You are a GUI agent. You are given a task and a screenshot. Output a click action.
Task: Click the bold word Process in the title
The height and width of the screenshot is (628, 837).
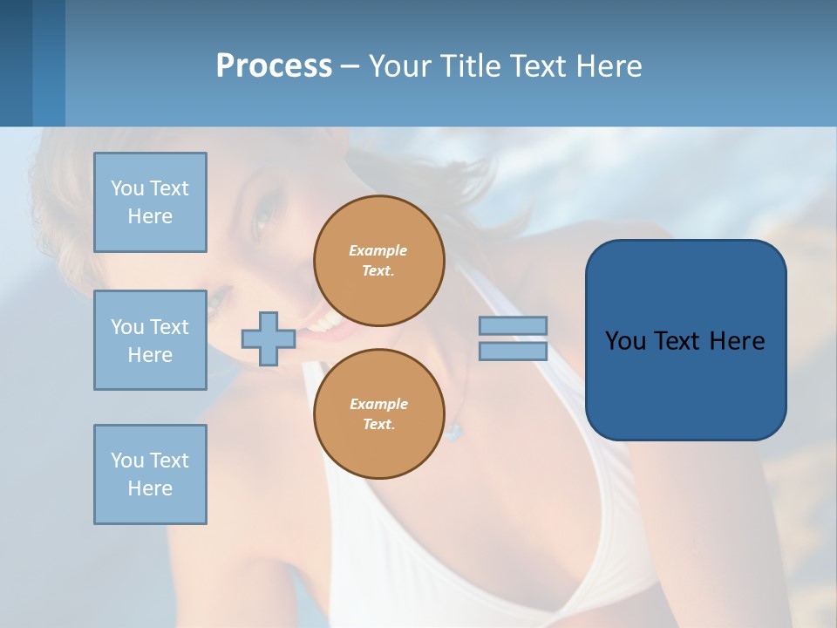[274, 66]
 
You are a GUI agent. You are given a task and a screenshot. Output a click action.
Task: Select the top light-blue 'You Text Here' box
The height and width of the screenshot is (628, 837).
[150, 202]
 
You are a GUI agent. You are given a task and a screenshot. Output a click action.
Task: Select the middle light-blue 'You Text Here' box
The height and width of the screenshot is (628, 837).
[150, 340]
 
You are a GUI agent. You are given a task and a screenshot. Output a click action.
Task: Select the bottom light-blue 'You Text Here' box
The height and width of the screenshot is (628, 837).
[150, 474]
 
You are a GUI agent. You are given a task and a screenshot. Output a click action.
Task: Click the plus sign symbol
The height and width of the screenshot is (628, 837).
[268, 338]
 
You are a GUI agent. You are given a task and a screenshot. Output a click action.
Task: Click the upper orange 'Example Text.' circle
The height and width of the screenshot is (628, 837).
[379, 260]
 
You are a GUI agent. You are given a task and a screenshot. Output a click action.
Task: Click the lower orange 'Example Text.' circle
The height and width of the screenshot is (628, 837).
[379, 413]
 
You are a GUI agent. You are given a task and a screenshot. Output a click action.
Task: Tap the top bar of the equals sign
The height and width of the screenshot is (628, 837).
[513, 325]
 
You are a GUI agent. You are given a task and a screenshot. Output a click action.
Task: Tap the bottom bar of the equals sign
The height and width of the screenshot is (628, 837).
[513, 351]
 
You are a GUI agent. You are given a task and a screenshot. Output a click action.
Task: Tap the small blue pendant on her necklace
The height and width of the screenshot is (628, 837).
[450, 429]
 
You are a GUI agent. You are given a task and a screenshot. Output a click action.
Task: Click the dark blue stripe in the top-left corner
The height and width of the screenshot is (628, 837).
[16, 63]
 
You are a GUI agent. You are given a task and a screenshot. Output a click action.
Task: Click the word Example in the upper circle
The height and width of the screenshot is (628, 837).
[378, 250]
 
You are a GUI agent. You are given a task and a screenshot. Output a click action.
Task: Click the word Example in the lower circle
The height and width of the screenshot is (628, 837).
[378, 404]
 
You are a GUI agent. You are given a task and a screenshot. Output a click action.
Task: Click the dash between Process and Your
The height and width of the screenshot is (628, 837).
[350, 67]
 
